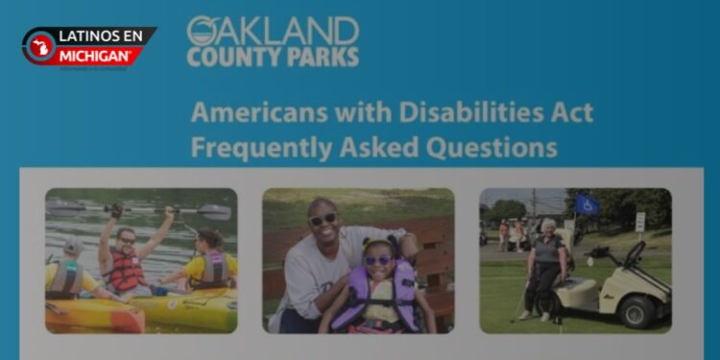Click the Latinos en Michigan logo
[88, 47]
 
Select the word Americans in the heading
[252, 112]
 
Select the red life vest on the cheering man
[126, 270]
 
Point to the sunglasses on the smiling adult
[324, 220]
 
